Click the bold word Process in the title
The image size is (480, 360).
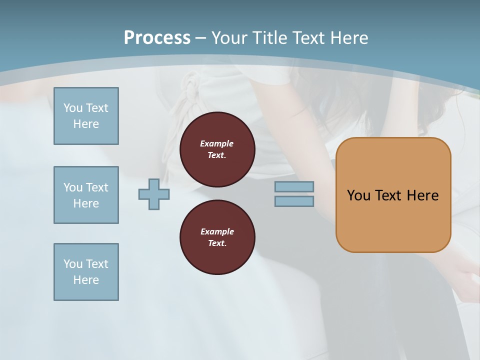[157, 38]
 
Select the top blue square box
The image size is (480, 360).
[86, 116]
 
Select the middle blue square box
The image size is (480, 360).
[86, 195]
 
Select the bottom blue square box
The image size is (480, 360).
[86, 272]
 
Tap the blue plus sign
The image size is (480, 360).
[154, 194]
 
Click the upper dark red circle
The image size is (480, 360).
[217, 149]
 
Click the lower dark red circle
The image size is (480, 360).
[217, 237]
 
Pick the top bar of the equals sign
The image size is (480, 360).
[294, 186]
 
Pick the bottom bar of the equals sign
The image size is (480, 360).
[294, 201]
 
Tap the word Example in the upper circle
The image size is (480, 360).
[217, 143]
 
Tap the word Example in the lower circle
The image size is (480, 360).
[217, 231]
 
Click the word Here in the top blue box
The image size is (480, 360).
[86, 124]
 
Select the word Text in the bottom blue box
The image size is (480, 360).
[97, 264]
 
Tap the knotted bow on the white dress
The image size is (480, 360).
[190, 90]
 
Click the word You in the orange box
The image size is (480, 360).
[358, 195]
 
